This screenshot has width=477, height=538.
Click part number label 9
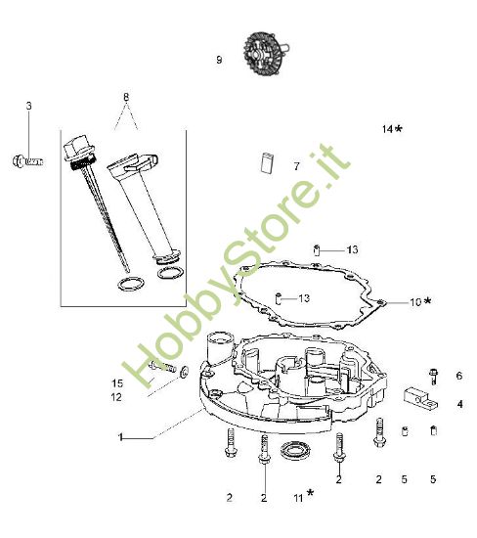click(219, 60)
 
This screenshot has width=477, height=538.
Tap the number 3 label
click(28, 105)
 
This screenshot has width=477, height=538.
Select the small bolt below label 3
click(27, 159)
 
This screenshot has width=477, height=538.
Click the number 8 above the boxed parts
click(124, 96)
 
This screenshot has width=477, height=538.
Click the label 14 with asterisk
click(392, 129)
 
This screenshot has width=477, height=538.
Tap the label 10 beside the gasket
click(415, 302)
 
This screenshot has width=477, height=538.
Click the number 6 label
click(458, 376)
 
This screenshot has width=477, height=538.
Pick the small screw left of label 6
click(432, 372)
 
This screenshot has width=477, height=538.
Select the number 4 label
click(459, 403)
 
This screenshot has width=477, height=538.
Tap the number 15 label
click(117, 382)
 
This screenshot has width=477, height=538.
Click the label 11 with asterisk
click(300, 497)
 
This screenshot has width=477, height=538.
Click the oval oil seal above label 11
click(292, 451)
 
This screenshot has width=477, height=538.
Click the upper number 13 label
click(325, 249)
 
